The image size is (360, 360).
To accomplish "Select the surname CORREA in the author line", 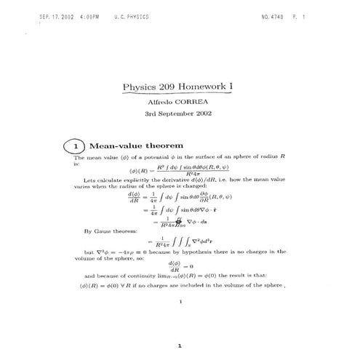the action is pos(192,103).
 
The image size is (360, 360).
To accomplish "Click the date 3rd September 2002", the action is pos(178,114).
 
